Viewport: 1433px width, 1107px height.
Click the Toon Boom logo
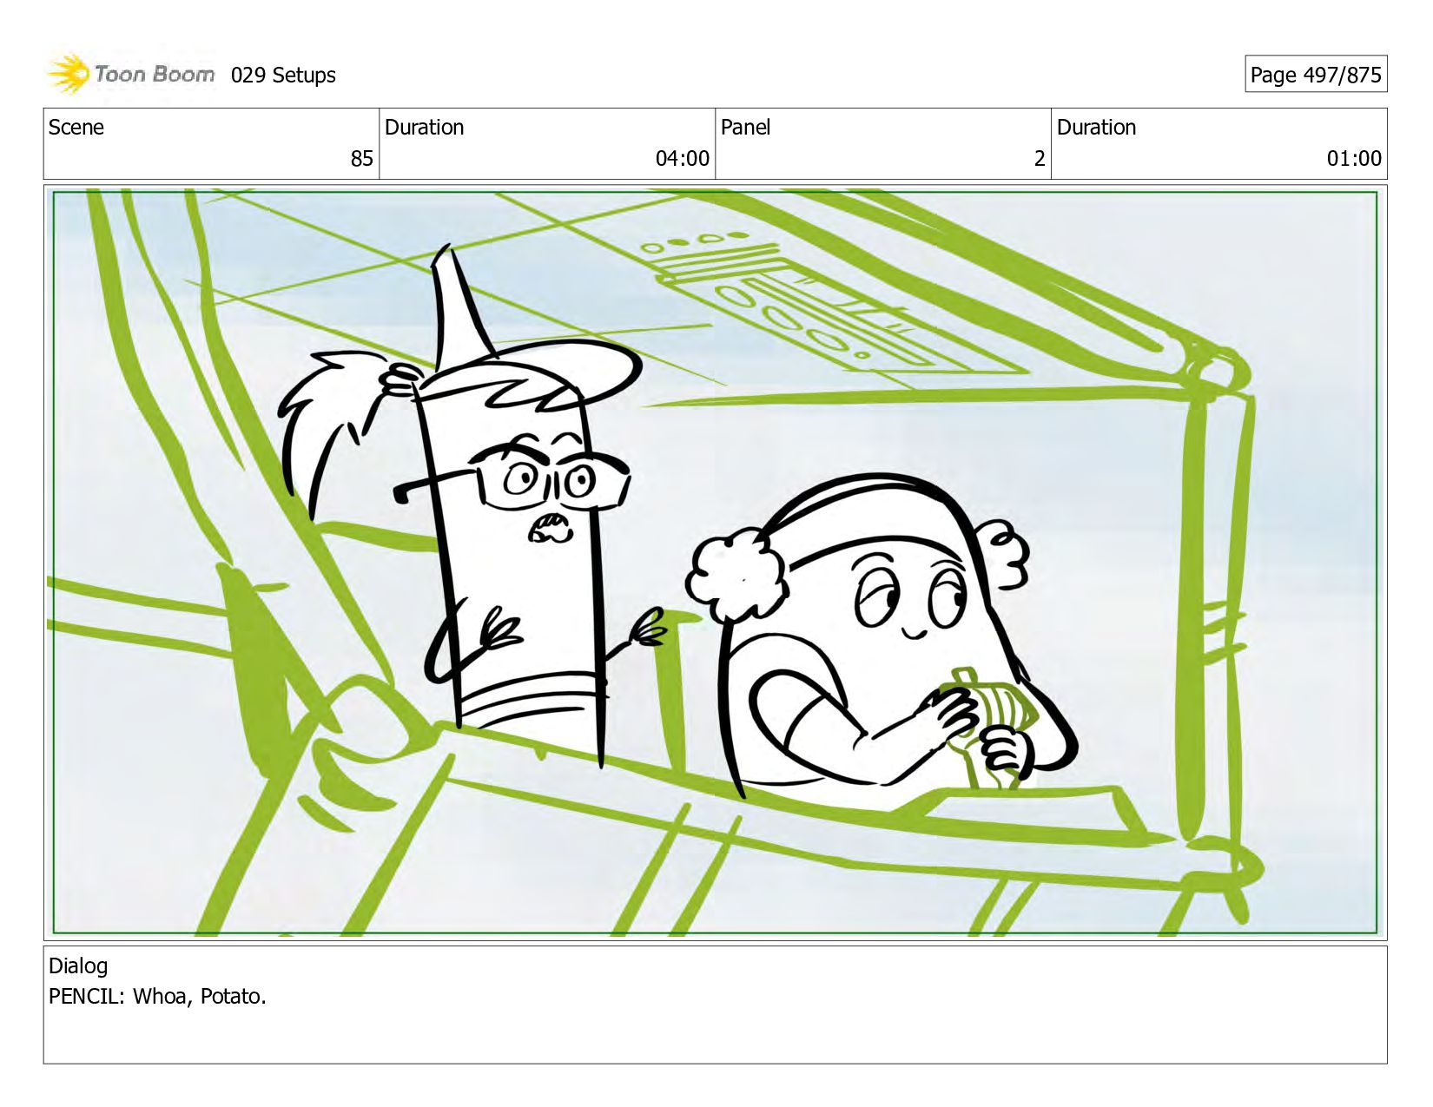(130, 74)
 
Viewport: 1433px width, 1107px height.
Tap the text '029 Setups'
(283, 76)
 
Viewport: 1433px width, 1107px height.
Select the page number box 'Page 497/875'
(1315, 74)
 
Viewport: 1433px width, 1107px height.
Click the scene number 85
(361, 159)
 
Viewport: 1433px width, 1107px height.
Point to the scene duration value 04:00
(682, 159)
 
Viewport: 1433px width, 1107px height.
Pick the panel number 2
(1040, 159)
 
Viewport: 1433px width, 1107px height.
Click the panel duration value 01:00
(1354, 159)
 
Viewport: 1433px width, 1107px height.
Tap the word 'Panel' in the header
(745, 128)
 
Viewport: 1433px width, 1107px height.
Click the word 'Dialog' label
(78, 966)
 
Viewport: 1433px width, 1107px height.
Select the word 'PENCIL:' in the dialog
(86, 996)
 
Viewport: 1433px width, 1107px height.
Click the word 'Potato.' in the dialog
(233, 996)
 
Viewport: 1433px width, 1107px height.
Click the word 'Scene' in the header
(76, 128)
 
